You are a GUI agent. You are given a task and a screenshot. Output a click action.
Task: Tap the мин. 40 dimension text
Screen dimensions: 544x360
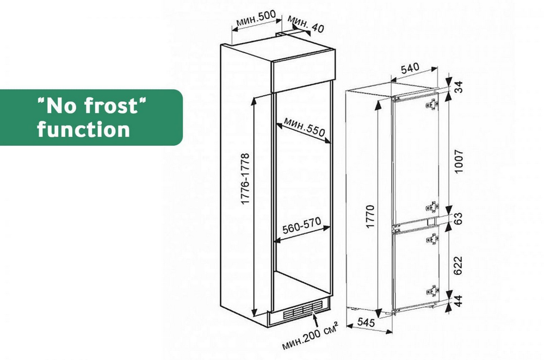pos(305,24)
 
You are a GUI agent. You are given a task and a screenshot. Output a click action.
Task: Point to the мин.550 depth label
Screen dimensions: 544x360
pos(304,127)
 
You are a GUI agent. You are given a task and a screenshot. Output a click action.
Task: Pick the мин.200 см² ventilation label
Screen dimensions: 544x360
pos(310,336)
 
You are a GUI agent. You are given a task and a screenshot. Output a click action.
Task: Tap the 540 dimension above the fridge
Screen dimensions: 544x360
pos(410,69)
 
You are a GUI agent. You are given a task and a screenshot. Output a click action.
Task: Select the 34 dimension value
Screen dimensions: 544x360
pos(459,86)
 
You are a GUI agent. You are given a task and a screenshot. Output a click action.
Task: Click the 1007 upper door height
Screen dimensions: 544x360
pos(459,162)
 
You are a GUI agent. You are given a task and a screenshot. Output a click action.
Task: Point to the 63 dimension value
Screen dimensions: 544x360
pos(459,219)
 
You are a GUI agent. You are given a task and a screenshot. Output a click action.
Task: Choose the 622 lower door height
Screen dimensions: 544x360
pos(459,265)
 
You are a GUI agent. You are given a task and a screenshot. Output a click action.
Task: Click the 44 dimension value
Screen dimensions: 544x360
pos(459,300)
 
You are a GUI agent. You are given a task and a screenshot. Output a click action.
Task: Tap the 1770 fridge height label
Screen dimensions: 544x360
pos(370,216)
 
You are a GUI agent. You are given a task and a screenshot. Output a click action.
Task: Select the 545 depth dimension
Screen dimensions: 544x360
pos(366,322)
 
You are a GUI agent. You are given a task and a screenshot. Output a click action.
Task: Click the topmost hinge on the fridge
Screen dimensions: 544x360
pos(432,104)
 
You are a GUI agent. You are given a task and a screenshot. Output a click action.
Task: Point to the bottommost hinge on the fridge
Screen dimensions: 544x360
pos(432,290)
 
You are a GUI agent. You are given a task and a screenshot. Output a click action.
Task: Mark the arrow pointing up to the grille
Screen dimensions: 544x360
pos(316,320)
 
